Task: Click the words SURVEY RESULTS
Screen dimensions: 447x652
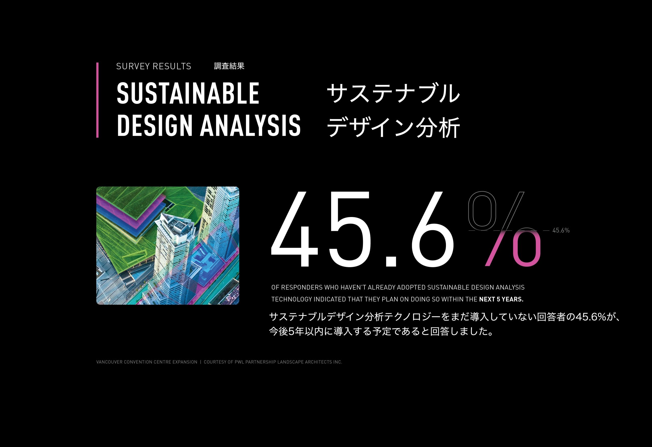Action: point(154,66)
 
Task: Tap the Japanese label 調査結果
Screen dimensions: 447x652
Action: point(229,66)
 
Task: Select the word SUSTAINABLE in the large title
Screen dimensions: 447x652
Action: point(188,93)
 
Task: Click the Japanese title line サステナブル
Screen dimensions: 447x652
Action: point(393,93)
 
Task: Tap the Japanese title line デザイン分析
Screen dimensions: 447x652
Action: point(393,127)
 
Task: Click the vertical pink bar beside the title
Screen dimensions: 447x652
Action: point(97,100)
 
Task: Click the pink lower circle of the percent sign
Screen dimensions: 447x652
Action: point(526,248)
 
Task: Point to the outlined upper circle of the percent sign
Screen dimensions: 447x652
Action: point(482,209)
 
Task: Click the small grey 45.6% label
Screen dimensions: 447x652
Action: point(561,230)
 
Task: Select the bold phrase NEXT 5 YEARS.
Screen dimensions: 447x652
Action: point(501,300)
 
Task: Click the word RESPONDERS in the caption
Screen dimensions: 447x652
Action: point(302,287)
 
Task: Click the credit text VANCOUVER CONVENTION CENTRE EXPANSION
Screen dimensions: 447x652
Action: point(147,362)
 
